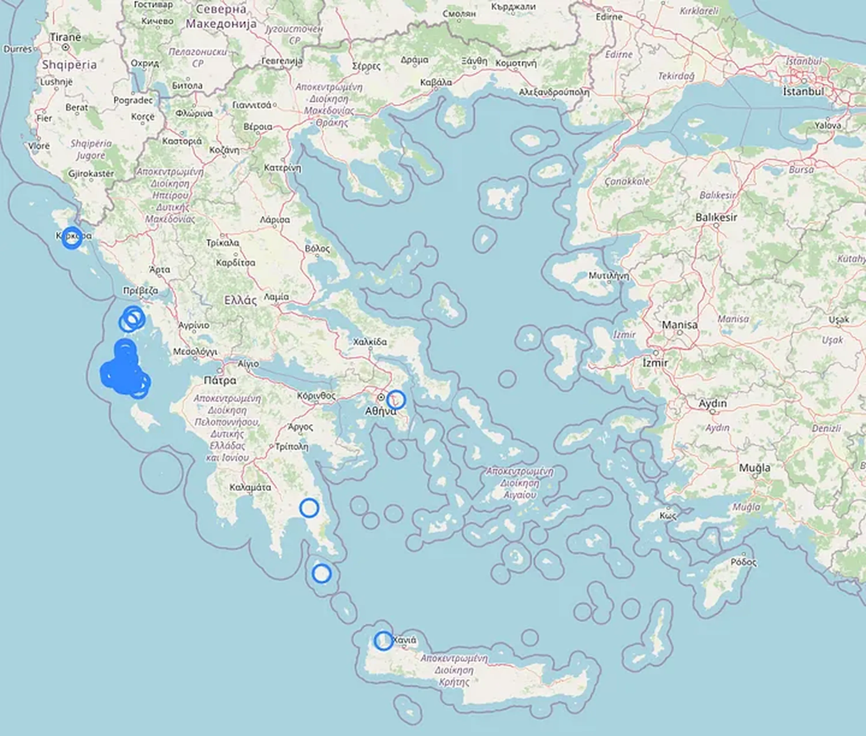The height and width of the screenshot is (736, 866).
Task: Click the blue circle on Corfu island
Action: tap(72, 238)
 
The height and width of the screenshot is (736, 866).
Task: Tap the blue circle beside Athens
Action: tap(396, 400)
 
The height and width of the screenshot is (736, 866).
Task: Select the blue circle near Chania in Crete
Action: tap(383, 640)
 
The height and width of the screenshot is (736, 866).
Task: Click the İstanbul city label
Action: tap(803, 91)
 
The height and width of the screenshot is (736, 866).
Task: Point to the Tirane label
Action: tap(66, 37)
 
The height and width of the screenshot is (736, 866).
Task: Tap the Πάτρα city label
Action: tap(220, 380)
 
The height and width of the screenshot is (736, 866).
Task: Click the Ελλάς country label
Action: tap(240, 300)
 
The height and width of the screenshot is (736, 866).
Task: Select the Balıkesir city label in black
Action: tap(716, 217)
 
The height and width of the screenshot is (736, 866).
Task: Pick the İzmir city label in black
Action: tap(655, 363)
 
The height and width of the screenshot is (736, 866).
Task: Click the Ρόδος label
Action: tap(744, 562)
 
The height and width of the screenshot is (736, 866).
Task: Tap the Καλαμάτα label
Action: tap(250, 487)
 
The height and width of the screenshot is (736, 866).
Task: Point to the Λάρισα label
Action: tap(275, 219)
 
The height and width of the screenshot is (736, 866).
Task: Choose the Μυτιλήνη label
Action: tap(609, 275)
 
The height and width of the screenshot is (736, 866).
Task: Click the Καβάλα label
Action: tap(436, 82)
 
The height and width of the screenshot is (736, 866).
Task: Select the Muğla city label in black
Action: tap(755, 468)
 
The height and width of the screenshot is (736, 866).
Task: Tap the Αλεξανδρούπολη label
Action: tap(554, 92)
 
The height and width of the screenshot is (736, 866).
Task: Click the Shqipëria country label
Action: tap(69, 65)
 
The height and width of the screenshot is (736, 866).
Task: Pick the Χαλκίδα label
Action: tap(370, 342)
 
